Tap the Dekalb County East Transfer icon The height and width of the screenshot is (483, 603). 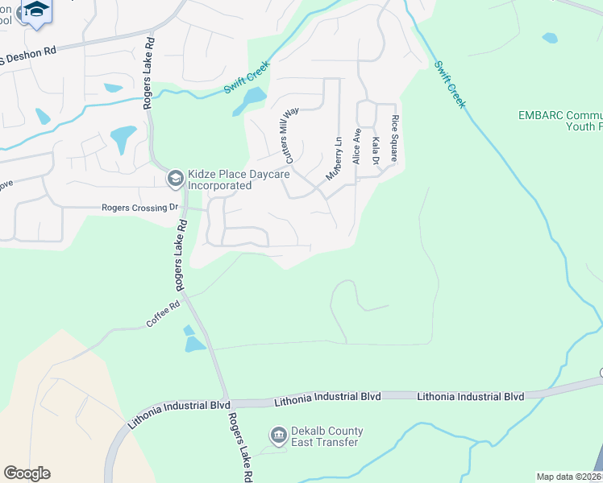tap(279, 436)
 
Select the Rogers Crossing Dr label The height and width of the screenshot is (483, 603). tap(139, 208)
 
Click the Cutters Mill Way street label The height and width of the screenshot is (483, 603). tap(288, 131)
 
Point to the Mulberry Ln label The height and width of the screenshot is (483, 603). tap(334, 157)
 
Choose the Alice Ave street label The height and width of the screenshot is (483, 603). tap(356, 147)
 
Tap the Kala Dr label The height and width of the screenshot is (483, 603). tap(376, 151)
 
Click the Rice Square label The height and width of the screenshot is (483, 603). tap(395, 138)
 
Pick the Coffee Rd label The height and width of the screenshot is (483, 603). tap(163, 314)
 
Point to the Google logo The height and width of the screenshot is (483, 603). tap(27, 473)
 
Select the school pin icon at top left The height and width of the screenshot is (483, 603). tap(36, 11)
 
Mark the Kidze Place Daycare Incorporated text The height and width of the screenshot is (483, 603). tap(219, 180)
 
